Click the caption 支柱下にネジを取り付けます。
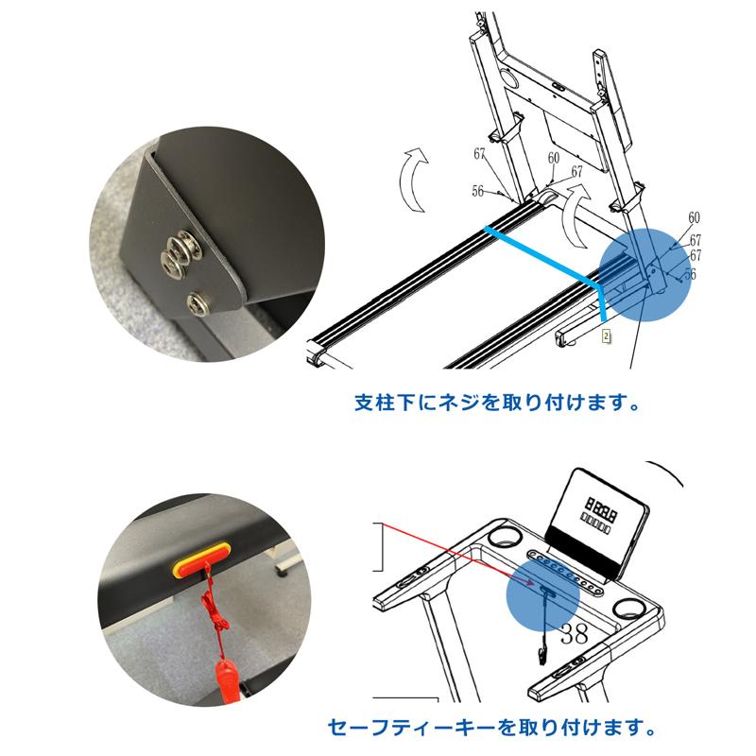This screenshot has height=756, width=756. [x=497, y=403]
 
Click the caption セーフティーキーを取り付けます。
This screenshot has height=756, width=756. [x=491, y=727]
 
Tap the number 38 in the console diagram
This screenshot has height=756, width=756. [x=574, y=635]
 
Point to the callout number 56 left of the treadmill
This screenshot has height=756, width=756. [x=478, y=192]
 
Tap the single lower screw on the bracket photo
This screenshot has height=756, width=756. [x=199, y=303]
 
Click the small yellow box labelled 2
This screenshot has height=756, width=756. [x=607, y=336]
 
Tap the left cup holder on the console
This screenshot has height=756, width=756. [x=505, y=537]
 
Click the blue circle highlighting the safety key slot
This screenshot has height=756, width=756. [x=542, y=595]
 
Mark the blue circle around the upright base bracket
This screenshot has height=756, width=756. [x=644, y=275]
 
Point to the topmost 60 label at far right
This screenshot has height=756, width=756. [x=694, y=218]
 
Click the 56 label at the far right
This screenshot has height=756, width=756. [x=691, y=274]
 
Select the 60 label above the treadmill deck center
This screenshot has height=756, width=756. [x=554, y=158]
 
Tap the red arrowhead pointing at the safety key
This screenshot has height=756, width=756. [x=529, y=582]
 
